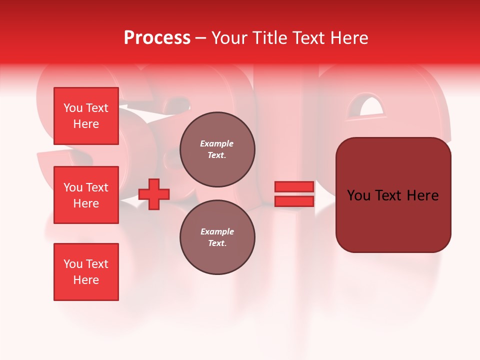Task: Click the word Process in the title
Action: pyautogui.click(x=157, y=38)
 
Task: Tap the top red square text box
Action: pyautogui.click(x=86, y=116)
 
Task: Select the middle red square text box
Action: pyautogui.click(x=86, y=195)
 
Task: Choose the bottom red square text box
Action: pyautogui.click(x=86, y=272)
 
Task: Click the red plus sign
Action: pyautogui.click(x=154, y=194)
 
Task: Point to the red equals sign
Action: pyautogui.click(x=294, y=194)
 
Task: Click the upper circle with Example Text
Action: pyautogui.click(x=217, y=149)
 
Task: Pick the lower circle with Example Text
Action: pyautogui.click(x=217, y=237)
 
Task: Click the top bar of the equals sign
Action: pyautogui.click(x=294, y=186)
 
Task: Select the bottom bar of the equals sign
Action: pyautogui.click(x=294, y=201)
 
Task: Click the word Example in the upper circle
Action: pyautogui.click(x=217, y=143)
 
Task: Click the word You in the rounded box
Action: pyautogui.click(x=359, y=195)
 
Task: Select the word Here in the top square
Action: pyautogui.click(x=86, y=124)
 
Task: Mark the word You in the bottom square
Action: pyautogui.click(x=73, y=264)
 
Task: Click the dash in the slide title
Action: pyautogui.click(x=200, y=38)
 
